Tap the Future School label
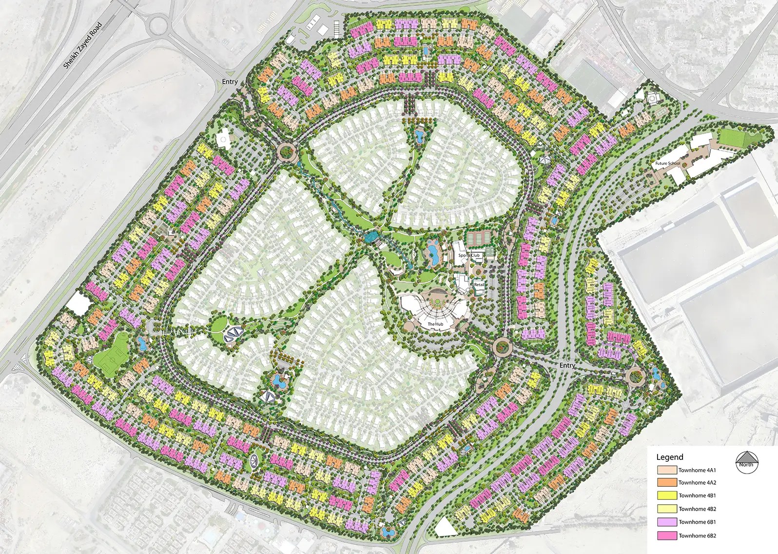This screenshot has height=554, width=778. pyautogui.click(x=667, y=163)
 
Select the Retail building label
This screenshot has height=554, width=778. pyautogui.click(x=479, y=284)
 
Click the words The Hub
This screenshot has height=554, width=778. pyautogui.click(x=435, y=324)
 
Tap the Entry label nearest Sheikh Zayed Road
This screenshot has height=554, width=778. pyautogui.click(x=230, y=82)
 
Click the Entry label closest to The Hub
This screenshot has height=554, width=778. pyautogui.click(x=567, y=365)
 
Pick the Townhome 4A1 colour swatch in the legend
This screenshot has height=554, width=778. pyautogui.click(x=666, y=470)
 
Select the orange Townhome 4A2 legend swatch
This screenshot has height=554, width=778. pyautogui.click(x=666, y=483)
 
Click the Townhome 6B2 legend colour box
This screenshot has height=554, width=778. pyautogui.click(x=666, y=535)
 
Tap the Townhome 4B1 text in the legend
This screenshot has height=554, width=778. pyautogui.click(x=697, y=496)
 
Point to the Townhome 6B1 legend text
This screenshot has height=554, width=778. pyautogui.click(x=697, y=522)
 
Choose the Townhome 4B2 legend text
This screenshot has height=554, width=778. pyautogui.click(x=697, y=509)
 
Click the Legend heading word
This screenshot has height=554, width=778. pyautogui.click(x=670, y=457)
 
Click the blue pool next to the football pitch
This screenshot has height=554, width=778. pyautogui.click(x=142, y=344)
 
